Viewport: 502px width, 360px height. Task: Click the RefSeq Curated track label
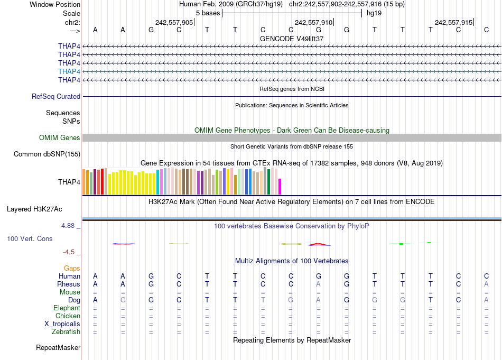point(56,97)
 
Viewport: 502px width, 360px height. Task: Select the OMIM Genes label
point(60,138)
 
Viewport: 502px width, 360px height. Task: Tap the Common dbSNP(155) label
point(47,154)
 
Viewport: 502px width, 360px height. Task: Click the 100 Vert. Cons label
point(30,239)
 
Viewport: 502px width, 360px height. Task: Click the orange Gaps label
point(72,269)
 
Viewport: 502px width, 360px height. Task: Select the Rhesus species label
point(69,284)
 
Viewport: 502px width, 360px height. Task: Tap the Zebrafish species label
point(66,332)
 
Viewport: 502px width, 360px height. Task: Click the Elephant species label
point(67,308)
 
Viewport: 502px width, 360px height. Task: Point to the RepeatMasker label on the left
point(58,348)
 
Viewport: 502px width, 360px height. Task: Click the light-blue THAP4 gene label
point(69,71)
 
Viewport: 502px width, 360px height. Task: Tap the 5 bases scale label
point(208,13)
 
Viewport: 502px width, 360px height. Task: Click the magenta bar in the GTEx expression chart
point(280,187)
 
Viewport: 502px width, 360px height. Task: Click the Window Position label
point(55,4)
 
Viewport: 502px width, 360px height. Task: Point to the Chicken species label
point(67,316)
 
